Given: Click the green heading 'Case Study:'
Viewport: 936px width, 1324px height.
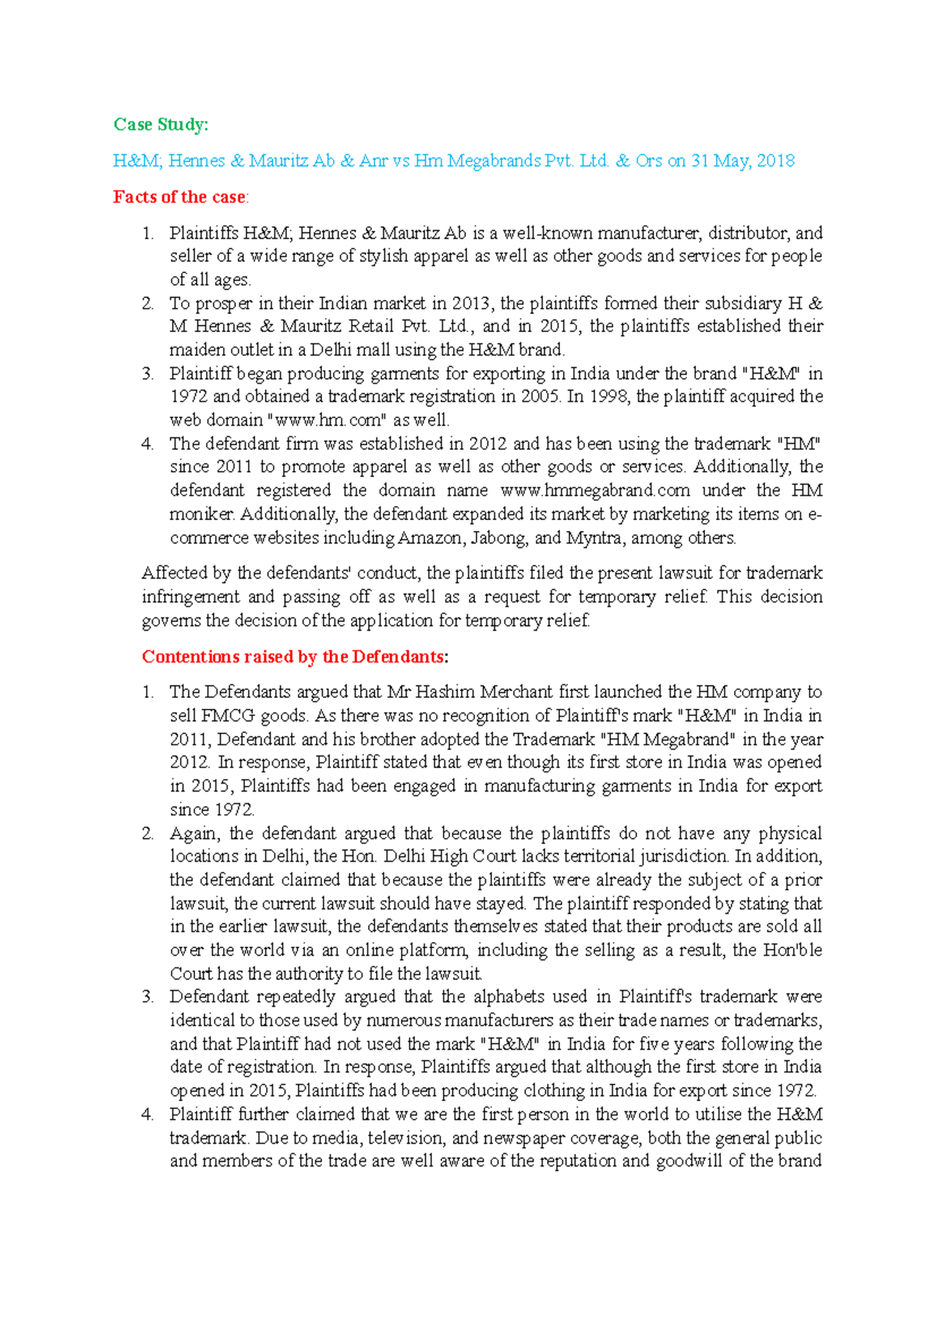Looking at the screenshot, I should [161, 125].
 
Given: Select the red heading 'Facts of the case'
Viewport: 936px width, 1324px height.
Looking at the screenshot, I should [179, 197].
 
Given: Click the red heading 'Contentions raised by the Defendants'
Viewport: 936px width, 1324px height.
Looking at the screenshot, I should [293, 657].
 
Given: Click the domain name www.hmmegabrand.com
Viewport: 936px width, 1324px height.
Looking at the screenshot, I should [594, 490].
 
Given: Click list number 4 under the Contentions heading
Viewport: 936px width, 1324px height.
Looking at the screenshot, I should [148, 1115].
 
